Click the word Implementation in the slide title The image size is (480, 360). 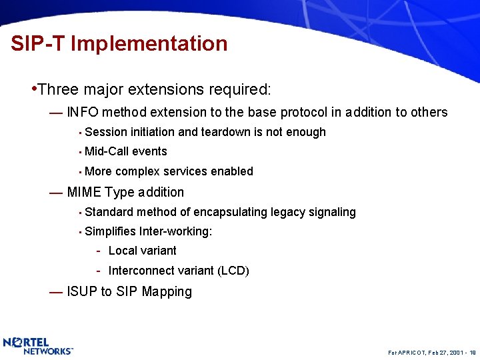pyautogui.click(x=149, y=44)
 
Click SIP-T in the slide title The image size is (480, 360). pyautogui.click(x=38, y=44)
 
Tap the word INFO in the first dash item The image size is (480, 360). pyautogui.click(x=83, y=112)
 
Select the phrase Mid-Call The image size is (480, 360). pyautogui.click(x=107, y=151)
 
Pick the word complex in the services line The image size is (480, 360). pyautogui.click(x=138, y=171)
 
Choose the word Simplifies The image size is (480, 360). pyautogui.click(x=111, y=231)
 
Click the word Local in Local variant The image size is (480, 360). pyautogui.click(x=122, y=251)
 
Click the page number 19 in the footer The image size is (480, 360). pyautogui.click(x=472, y=351)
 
